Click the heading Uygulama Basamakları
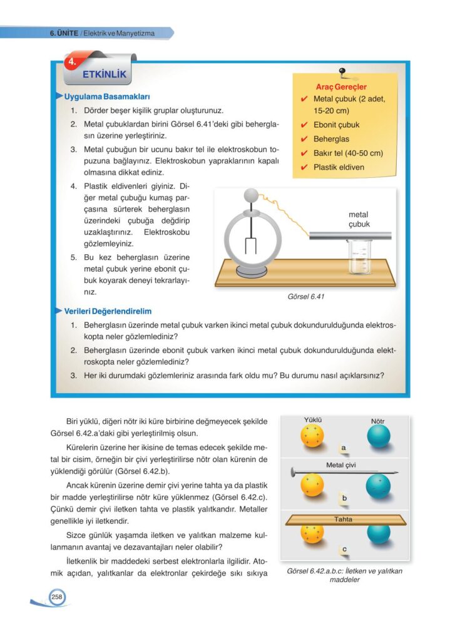106,97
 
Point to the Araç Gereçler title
342,87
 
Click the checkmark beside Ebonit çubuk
304,125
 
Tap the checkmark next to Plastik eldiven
304,168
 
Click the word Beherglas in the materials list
331,139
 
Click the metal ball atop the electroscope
251,195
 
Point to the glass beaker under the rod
360,259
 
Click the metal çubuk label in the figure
359,219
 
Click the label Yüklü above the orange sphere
312,421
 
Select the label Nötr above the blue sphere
378,421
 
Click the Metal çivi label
342,465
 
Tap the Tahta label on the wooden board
343,520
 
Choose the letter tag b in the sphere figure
345,499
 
